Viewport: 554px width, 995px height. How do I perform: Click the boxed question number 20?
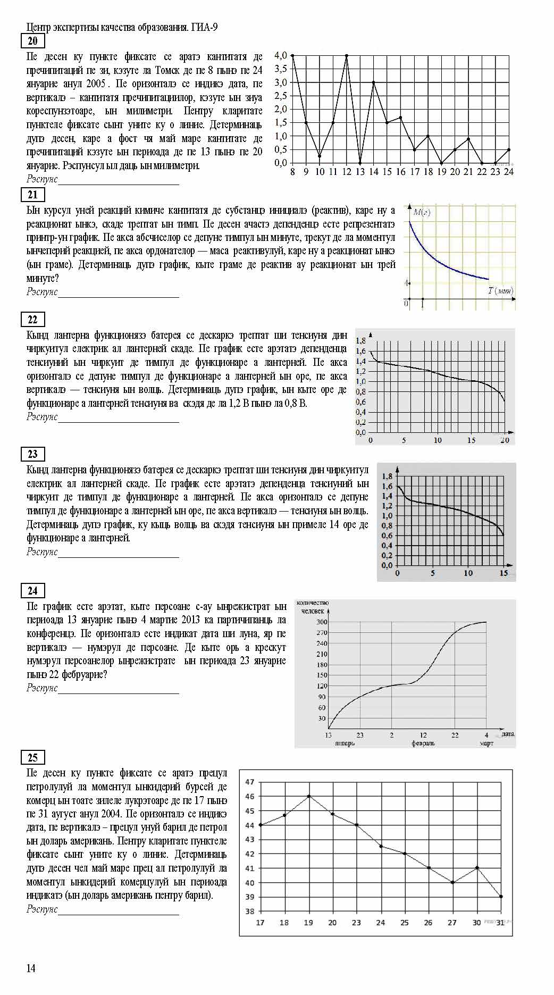click(32, 41)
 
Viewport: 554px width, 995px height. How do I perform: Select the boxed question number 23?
click(32, 454)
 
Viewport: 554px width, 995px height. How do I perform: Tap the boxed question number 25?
click(32, 757)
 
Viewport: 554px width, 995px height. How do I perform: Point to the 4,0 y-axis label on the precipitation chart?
click(281, 55)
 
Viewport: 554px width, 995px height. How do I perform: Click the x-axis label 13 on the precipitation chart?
click(360, 172)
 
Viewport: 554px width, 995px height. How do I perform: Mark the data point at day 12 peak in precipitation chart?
click(347, 55)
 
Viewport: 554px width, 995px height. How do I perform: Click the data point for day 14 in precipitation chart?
click(374, 82)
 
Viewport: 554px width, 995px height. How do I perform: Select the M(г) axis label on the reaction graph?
click(422, 212)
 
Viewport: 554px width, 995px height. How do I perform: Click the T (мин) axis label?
click(500, 290)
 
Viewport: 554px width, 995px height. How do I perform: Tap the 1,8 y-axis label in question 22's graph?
click(360, 341)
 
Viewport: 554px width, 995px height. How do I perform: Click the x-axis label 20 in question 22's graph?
click(505, 440)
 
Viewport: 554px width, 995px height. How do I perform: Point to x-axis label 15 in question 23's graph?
click(503, 573)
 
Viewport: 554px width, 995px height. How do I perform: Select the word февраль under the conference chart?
click(423, 743)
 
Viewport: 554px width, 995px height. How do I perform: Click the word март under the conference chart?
click(486, 743)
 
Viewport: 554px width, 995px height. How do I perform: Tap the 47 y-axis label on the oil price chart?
click(250, 782)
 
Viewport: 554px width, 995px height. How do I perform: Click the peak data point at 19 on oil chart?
click(308, 796)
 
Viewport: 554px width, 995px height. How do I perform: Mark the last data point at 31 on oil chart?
click(501, 897)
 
